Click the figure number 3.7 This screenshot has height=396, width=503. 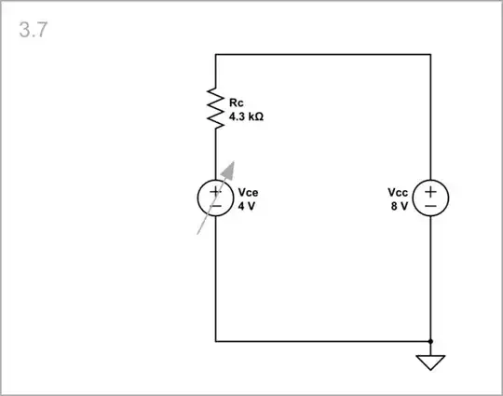coord(34,30)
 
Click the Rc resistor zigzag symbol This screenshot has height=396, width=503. coord(215,109)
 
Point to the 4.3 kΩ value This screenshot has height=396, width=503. coord(245,117)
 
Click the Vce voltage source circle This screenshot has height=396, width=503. coord(215,198)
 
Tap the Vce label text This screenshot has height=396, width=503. coord(247,193)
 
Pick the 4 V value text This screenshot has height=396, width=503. coord(246,206)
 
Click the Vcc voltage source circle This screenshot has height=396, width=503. coord(430,198)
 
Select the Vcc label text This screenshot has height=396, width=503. coord(398,193)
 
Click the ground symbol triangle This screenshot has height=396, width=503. coord(430,362)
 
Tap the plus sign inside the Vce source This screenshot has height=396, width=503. coord(215,192)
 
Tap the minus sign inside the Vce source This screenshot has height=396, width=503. coord(215,206)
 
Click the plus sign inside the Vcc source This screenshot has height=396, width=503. coord(430,192)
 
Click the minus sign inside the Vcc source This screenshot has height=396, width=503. coord(430,206)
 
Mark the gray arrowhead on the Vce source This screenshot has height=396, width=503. coord(230,168)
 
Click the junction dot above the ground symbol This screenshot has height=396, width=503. coord(430,342)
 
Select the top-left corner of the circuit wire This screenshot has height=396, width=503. coord(215,55)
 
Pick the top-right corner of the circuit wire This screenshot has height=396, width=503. coord(430,55)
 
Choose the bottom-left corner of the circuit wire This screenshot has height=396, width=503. coord(215,342)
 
